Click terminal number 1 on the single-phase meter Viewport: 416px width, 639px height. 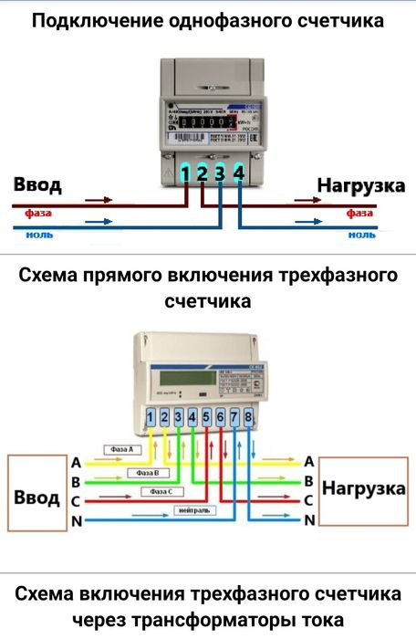pyautogui.click(x=186, y=173)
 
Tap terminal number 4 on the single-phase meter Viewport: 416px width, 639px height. pyautogui.click(x=239, y=172)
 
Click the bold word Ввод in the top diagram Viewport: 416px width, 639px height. pyautogui.click(x=38, y=186)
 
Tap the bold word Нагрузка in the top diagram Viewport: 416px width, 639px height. pyautogui.click(x=361, y=186)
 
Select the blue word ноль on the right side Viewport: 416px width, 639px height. pyautogui.click(x=361, y=235)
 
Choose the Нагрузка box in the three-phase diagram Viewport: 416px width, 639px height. pyautogui.click(x=364, y=490)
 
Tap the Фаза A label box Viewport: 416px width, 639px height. pyautogui.click(x=120, y=450)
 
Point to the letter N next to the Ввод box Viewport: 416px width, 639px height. pyautogui.click(x=77, y=521)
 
